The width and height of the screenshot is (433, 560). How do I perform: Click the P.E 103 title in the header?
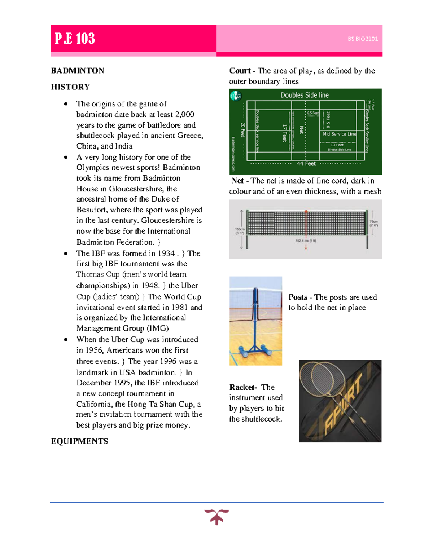point(75,38)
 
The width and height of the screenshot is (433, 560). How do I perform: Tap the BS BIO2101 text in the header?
point(362,39)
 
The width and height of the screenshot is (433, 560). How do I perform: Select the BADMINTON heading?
point(78,71)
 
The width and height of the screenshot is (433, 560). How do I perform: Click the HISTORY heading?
point(70,87)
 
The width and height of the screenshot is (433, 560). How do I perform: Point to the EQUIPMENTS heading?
point(79,441)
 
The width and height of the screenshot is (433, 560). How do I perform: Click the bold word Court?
point(240,71)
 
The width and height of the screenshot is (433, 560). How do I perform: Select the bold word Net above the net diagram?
point(237,181)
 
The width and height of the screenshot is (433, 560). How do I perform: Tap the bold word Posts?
point(298,297)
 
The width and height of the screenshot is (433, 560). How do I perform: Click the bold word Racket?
point(242,387)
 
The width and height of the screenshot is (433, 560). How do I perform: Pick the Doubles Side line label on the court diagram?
point(305,95)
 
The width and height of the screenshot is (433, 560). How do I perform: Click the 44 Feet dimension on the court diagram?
point(306,164)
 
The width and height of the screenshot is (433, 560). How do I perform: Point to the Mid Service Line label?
point(339,134)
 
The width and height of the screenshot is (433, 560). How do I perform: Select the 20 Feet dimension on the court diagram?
point(243,130)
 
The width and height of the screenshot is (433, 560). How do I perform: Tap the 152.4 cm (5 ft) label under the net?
point(306,241)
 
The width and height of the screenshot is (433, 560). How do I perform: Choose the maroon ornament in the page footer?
point(216,516)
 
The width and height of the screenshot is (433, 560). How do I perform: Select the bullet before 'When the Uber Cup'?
point(66,340)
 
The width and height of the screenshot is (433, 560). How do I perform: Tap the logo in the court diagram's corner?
point(236,96)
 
